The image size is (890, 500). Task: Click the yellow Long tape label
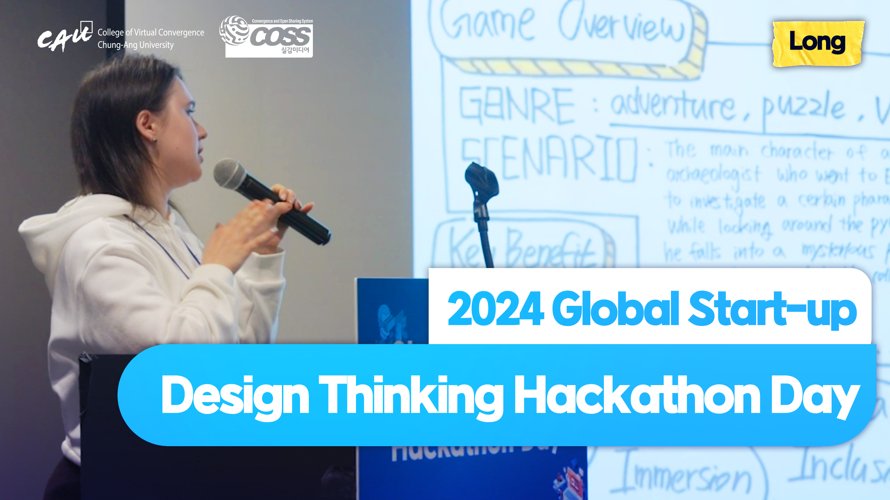(818, 43)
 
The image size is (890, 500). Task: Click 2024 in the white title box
(495, 309)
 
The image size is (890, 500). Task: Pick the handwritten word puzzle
(803, 108)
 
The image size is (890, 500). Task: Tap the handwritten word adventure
(673, 104)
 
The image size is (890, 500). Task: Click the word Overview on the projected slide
(621, 23)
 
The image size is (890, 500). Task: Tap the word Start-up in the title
(772, 309)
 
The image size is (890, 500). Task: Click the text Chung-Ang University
(136, 45)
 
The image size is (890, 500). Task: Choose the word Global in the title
(615, 309)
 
